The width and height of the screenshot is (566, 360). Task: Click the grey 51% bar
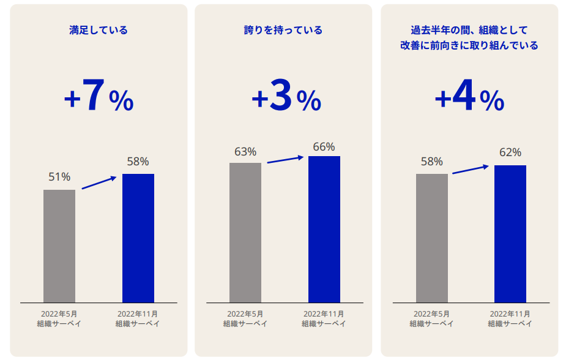[x=59, y=246]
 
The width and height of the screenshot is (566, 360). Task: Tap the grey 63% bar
[x=245, y=232]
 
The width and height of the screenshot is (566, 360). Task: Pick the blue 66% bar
[x=324, y=229]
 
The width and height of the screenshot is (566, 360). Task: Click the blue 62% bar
[x=510, y=233]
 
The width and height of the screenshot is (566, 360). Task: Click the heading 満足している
[x=99, y=30]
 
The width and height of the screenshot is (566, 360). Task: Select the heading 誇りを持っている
[x=283, y=30]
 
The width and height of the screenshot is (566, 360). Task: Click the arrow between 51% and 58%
[x=99, y=182]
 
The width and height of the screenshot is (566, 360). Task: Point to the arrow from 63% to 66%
[x=286, y=159]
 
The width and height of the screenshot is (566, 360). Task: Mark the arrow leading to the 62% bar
[x=471, y=169]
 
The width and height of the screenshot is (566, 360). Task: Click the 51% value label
[x=59, y=177]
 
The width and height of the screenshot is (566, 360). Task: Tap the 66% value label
[x=324, y=147]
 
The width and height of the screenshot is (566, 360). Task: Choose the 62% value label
[x=510, y=152]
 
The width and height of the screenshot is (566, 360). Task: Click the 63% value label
[x=245, y=152]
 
